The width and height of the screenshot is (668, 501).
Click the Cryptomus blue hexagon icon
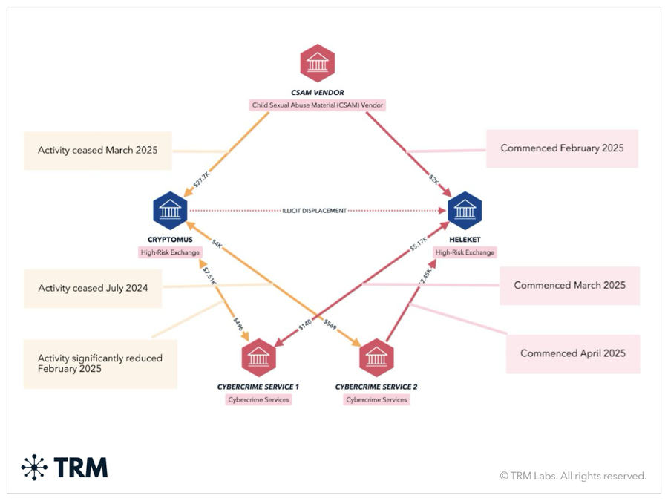pyautogui.click(x=170, y=211)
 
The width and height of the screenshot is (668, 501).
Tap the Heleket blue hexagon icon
pyautogui.click(x=465, y=211)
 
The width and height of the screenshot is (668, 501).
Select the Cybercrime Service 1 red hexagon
pyautogui.click(x=258, y=358)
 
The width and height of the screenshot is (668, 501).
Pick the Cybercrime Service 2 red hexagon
pyautogui.click(x=376, y=358)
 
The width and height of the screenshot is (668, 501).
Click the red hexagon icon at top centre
pyautogui.click(x=317, y=64)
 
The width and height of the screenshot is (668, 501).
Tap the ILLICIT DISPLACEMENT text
pyautogui.click(x=315, y=211)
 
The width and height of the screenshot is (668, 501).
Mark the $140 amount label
pyautogui.click(x=304, y=324)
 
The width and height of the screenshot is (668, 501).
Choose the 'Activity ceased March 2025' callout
pyautogui.click(x=97, y=150)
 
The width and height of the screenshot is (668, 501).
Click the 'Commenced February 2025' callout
pyautogui.click(x=562, y=148)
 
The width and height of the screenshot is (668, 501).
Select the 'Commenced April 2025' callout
pyautogui.click(x=572, y=353)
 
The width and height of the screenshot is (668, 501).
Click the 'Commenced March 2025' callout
pyautogui.click(x=569, y=285)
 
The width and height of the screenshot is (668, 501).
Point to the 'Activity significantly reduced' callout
pyautogui.click(x=100, y=363)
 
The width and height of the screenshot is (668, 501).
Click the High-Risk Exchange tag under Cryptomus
pyautogui.click(x=170, y=252)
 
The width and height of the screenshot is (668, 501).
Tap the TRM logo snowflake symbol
pyautogui.click(x=34, y=467)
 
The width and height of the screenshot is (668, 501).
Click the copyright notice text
pyautogui.click(x=572, y=476)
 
